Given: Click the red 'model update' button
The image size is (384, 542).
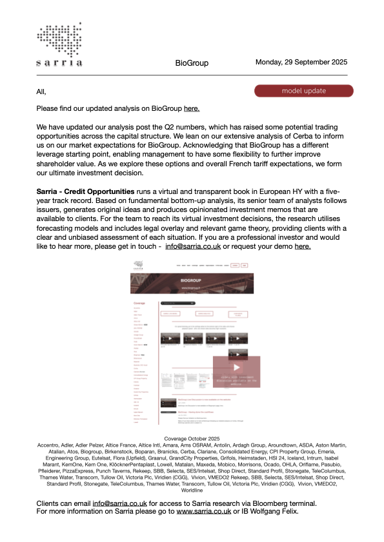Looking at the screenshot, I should click(x=304, y=91).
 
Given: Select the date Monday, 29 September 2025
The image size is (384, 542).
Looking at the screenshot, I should click(x=301, y=63).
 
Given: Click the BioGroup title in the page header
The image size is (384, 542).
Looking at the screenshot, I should click(x=191, y=63).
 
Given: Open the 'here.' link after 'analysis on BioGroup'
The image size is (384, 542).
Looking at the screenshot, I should click(x=192, y=109).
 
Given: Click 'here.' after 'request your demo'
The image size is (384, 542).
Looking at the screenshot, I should click(x=303, y=246).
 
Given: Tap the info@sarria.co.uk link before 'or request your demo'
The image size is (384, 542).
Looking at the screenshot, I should click(x=192, y=246).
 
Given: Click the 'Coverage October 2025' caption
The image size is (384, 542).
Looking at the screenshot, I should click(x=192, y=438).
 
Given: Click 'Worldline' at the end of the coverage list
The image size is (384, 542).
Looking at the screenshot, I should click(x=192, y=491).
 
